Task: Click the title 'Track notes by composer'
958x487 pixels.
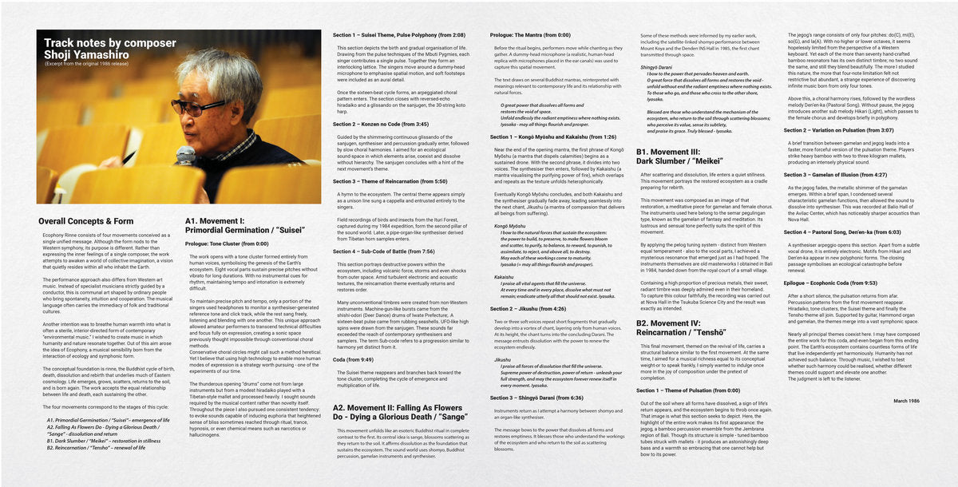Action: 110,43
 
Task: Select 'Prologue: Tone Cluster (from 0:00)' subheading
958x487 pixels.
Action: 231,243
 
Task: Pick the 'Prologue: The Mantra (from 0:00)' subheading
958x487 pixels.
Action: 531,35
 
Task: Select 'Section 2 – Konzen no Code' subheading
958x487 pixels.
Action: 381,125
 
